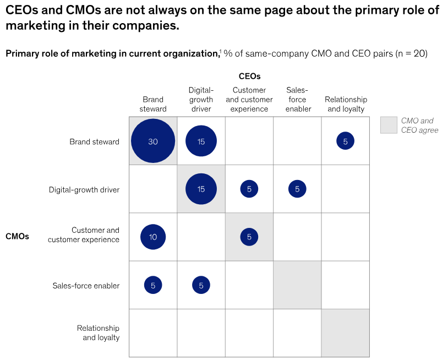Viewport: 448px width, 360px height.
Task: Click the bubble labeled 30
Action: [153, 141]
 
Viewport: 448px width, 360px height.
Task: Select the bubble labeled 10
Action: [153, 237]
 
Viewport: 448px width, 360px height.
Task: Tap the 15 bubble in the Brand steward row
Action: [201, 141]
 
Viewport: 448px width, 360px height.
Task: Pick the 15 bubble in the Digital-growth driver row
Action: [201, 189]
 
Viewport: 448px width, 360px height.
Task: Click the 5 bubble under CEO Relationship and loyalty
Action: [345, 141]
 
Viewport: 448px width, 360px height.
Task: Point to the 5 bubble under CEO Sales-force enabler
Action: [297, 189]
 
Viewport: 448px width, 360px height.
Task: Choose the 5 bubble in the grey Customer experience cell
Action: [249, 237]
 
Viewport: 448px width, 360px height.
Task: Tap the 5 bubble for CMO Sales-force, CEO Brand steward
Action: [153, 285]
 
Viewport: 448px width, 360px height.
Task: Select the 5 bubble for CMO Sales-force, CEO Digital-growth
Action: [201, 285]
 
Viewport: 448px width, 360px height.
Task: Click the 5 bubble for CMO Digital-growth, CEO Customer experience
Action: [249, 189]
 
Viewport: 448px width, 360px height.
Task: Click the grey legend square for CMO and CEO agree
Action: [389, 125]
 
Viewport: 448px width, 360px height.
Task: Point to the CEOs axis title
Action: [249, 77]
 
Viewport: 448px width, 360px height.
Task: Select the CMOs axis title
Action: [17, 236]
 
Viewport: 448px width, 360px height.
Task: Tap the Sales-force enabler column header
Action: [297, 100]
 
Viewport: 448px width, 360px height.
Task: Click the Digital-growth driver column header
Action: [201, 100]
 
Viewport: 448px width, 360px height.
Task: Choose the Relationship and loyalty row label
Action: [98, 333]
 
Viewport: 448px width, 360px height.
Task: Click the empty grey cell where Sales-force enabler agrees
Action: [297, 285]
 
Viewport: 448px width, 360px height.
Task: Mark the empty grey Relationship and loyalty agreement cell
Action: [345, 333]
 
